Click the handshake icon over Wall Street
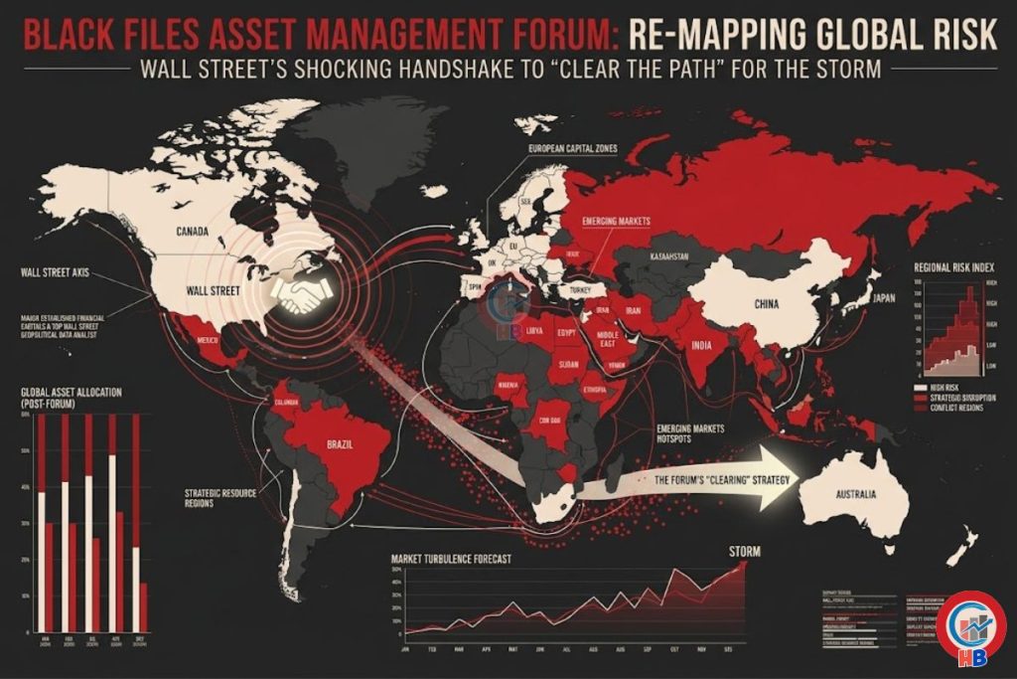(303, 293)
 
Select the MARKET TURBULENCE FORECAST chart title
(452, 560)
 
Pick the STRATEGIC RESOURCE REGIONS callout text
(219, 497)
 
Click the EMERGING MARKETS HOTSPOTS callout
(690, 434)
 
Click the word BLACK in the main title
(71, 35)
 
